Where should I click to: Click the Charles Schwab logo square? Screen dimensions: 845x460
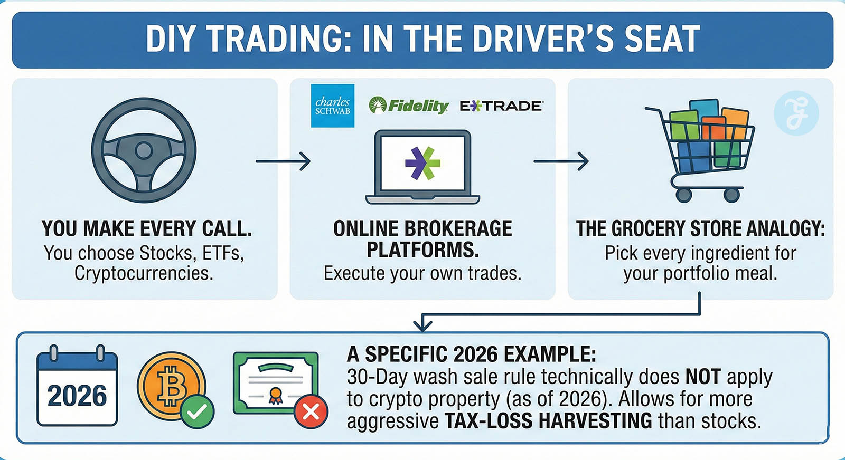click(x=332, y=106)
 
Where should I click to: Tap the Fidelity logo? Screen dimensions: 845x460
click(x=409, y=105)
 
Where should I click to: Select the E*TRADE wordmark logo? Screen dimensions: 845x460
click(x=501, y=106)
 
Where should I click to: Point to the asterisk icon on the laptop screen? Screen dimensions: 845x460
click(x=422, y=163)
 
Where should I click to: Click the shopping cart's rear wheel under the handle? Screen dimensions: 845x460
click(x=683, y=195)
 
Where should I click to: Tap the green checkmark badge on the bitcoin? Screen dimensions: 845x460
click(x=197, y=412)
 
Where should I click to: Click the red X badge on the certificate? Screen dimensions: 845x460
click(x=311, y=412)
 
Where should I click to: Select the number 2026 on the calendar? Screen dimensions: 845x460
click(x=77, y=396)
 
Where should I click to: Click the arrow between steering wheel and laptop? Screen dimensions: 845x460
click(x=283, y=161)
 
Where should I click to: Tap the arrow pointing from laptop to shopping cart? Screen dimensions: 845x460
click(x=561, y=161)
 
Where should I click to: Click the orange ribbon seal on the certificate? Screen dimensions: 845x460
click(x=275, y=396)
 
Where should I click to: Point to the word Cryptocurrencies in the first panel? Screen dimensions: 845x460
click(x=144, y=273)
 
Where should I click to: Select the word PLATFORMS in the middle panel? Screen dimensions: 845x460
click(x=423, y=250)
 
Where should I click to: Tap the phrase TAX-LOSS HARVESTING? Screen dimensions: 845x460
click(x=548, y=421)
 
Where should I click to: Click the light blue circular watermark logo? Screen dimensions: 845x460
click(x=796, y=113)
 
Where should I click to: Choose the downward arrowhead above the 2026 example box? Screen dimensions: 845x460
click(x=422, y=324)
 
